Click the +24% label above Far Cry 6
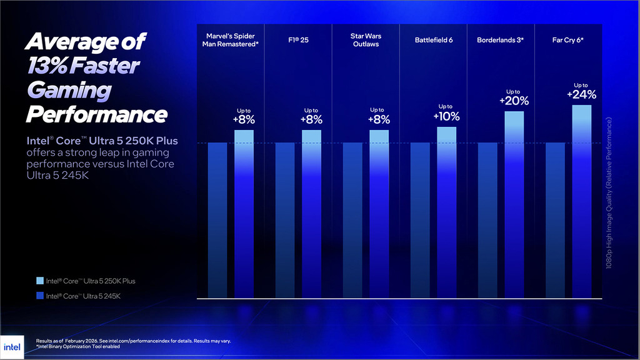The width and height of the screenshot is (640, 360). coord(581,95)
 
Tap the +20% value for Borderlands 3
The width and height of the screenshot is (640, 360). coord(514,101)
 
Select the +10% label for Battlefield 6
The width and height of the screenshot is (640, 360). coord(446,116)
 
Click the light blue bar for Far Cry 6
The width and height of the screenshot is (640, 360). coord(581,200)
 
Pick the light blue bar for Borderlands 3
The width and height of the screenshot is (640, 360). coord(514,203)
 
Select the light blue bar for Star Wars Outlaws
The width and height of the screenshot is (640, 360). coord(379,212)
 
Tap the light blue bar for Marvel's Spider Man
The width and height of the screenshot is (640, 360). coord(244,212)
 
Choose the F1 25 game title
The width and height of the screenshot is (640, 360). coord(297,40)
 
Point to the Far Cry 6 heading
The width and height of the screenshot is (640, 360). coord(567,40)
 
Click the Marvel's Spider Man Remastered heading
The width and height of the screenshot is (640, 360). coord(230,40)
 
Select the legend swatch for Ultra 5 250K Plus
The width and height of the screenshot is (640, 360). coord(40,281)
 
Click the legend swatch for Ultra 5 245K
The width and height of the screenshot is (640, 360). coord(40,296)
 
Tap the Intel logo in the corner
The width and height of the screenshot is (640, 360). coord(12,347)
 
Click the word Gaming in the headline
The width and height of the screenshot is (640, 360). coord(68,90)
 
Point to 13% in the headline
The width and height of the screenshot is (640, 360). coord(47,66)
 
